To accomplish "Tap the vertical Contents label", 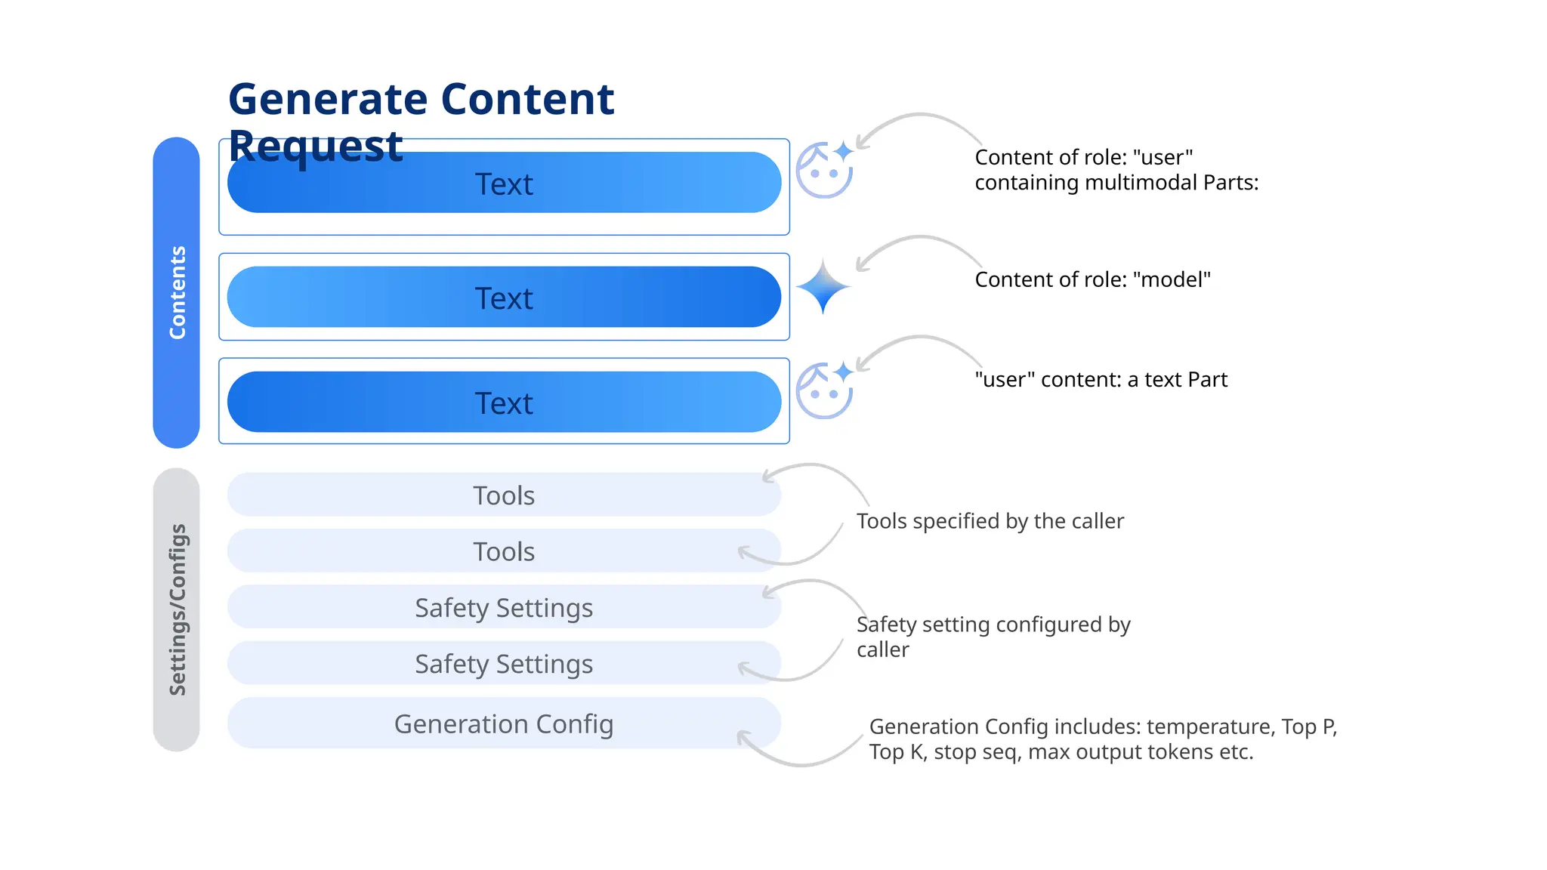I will pos(177,292).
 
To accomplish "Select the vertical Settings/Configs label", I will pos(177,609).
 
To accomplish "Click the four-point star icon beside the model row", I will pos(823,287).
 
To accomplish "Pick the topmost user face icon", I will pos(823,171).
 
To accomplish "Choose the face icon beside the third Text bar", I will pos(823,391).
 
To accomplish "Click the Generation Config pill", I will pos(504,723).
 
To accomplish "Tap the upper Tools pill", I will pos(504,495).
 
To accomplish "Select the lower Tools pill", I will pos(504,551).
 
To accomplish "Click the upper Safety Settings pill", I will pos(504,607).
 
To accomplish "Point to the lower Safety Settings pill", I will pos(504,664).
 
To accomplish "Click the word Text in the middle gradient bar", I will pos(504,298).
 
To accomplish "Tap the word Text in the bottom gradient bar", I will pos(504,403).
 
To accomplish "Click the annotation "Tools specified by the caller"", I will pos(990,521).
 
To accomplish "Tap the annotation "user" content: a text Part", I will pos(1101,379).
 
